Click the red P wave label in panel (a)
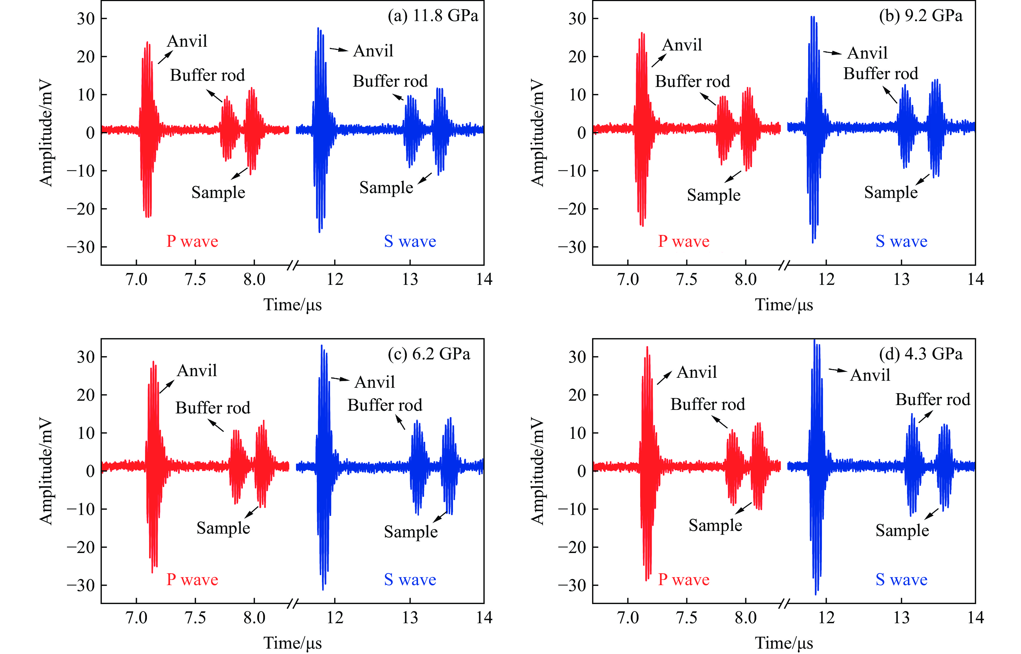click(x=192, y=241)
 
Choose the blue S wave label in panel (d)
click(x=901, y=580)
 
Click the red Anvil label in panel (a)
click(x=187, y=41)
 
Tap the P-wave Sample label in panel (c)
click(x=223, y=528)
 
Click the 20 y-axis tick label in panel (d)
click(x=577, y=395)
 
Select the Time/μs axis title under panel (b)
click(x=784, y=305)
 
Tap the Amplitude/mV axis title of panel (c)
click(x=46, y=471)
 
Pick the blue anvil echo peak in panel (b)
click(x=812, y=17)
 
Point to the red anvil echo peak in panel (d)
click(x=647, y=347)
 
